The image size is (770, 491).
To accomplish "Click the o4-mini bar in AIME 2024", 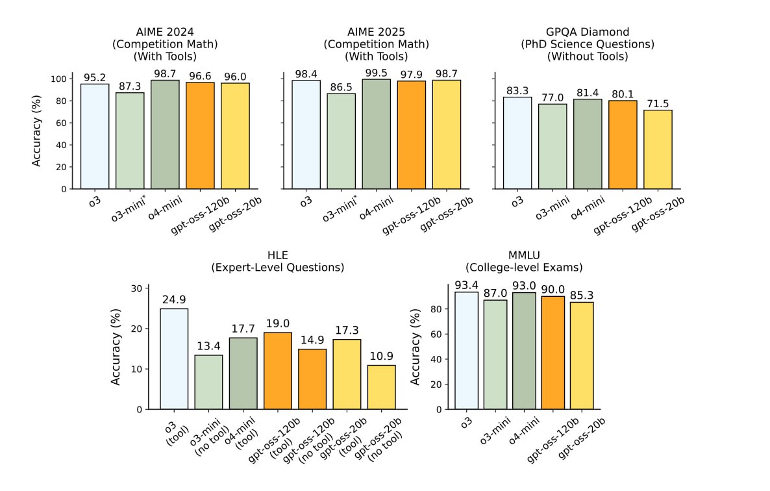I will pyautogui.click(x=165, y=134).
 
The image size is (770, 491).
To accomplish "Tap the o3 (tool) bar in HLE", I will pyautogui.click(x=174, y=359).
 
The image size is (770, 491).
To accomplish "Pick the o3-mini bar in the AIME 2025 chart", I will pyautogui.click(x=341, y=141).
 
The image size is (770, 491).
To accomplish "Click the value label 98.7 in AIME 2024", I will pyautogui.click(x=165, y=72).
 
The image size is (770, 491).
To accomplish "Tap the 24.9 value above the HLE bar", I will pyautogui.click(x=174, y=300).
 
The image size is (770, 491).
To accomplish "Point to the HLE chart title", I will pyautogui.click(x=278, y=261).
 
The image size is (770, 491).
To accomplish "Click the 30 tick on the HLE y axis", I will pyautogui.click(x=135, y=288).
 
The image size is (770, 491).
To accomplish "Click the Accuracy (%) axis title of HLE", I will pyautogui.click(x=116, y=348).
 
